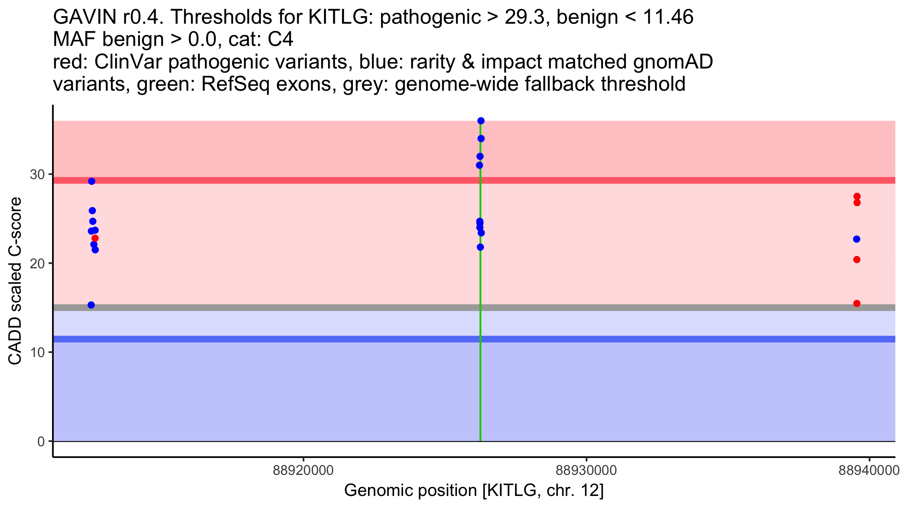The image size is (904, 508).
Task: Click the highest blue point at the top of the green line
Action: (481, 121)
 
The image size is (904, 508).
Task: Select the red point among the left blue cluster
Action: (95, 238)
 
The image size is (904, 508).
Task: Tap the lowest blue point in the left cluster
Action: (91, 305)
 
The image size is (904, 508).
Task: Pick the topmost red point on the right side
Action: (857, 196)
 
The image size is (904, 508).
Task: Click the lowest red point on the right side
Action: (857, 303)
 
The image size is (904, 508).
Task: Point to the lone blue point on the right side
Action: (857, 239)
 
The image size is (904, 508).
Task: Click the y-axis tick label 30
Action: (37, 174)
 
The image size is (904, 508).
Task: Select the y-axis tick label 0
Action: (41, 441)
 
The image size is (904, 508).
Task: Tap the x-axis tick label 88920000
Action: (303, 470)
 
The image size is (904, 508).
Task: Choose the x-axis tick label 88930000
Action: (586, 470)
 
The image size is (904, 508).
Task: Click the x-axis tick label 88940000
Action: (869, 470)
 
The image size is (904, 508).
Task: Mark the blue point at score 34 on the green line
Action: (481, 138)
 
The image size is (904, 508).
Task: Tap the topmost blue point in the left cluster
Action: (92, 181)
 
